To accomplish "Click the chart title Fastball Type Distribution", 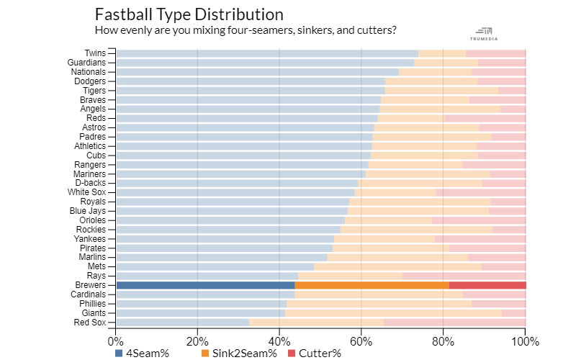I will coord(189,14).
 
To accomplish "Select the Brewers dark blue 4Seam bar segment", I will coord(205,285).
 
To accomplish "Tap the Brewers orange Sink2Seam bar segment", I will coord(372,285).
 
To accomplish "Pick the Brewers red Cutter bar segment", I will coord(487,285).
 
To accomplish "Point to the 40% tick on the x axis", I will coord(279,341).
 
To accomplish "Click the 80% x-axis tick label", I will coord(444,341).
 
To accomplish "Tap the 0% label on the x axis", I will coord(116,341).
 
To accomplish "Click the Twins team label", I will coord(95,53).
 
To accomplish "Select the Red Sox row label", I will coord(91,323).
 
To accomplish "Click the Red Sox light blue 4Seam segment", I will coord(182,323).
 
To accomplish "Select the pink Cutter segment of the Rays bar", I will coord(464,276).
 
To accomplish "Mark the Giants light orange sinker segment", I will coord(393,313).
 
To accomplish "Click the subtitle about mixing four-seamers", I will coord(246,30).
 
